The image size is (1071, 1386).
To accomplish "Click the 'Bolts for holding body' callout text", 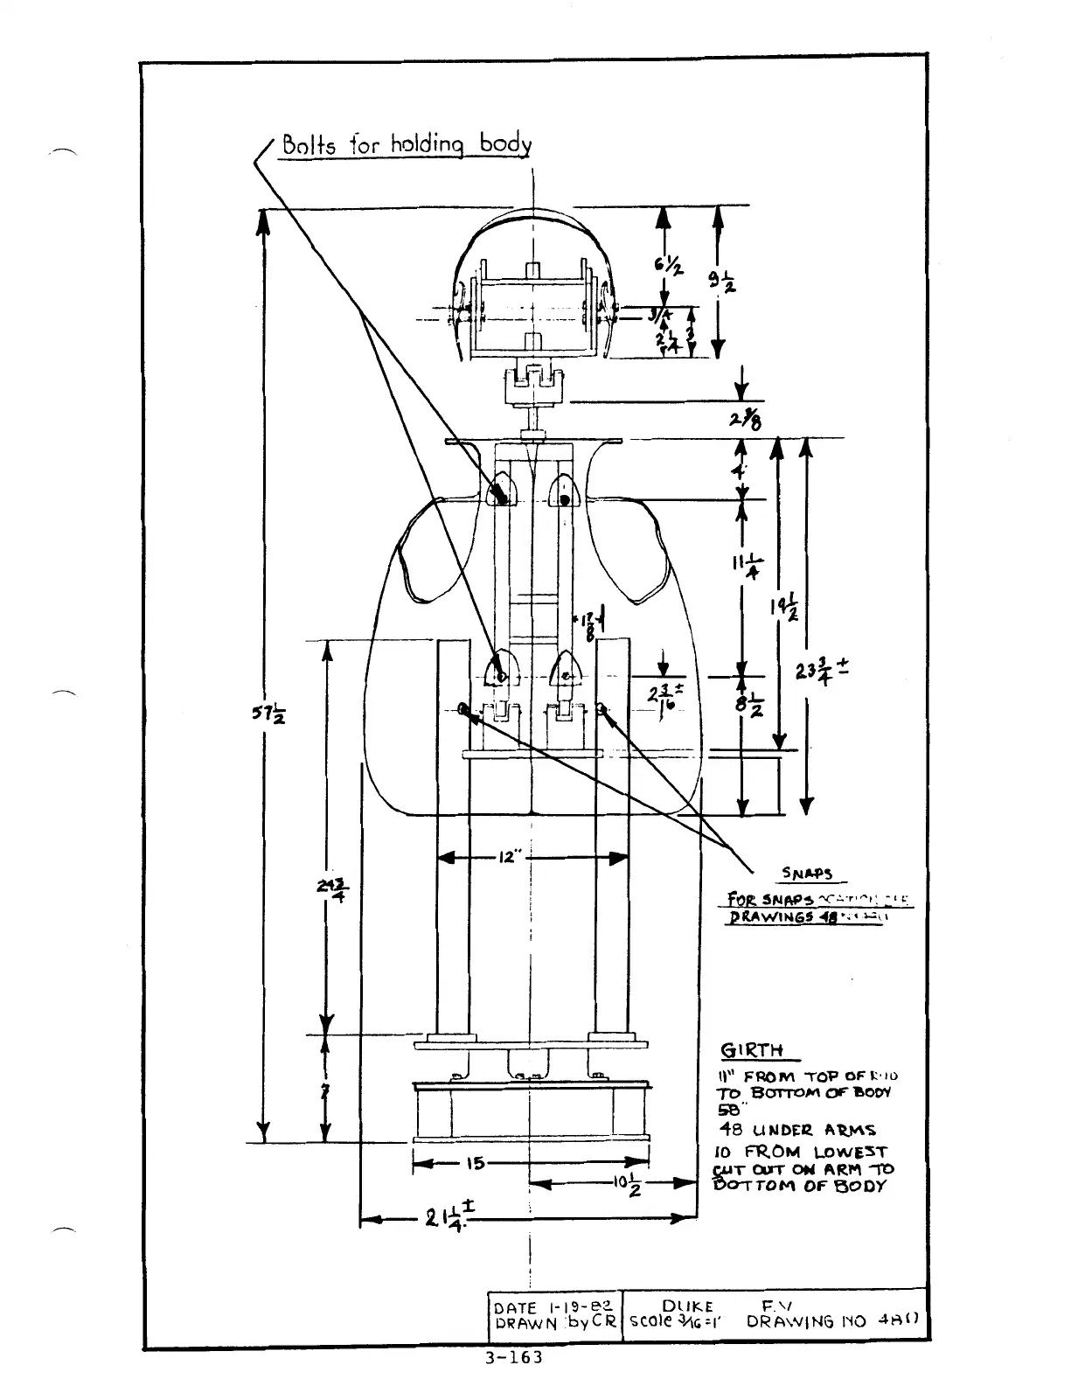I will pos(406,144).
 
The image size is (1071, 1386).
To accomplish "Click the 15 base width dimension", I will pos(476,1163).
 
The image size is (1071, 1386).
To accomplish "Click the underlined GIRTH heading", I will pos(751,1050).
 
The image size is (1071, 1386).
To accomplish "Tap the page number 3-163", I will pos(513,1358).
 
